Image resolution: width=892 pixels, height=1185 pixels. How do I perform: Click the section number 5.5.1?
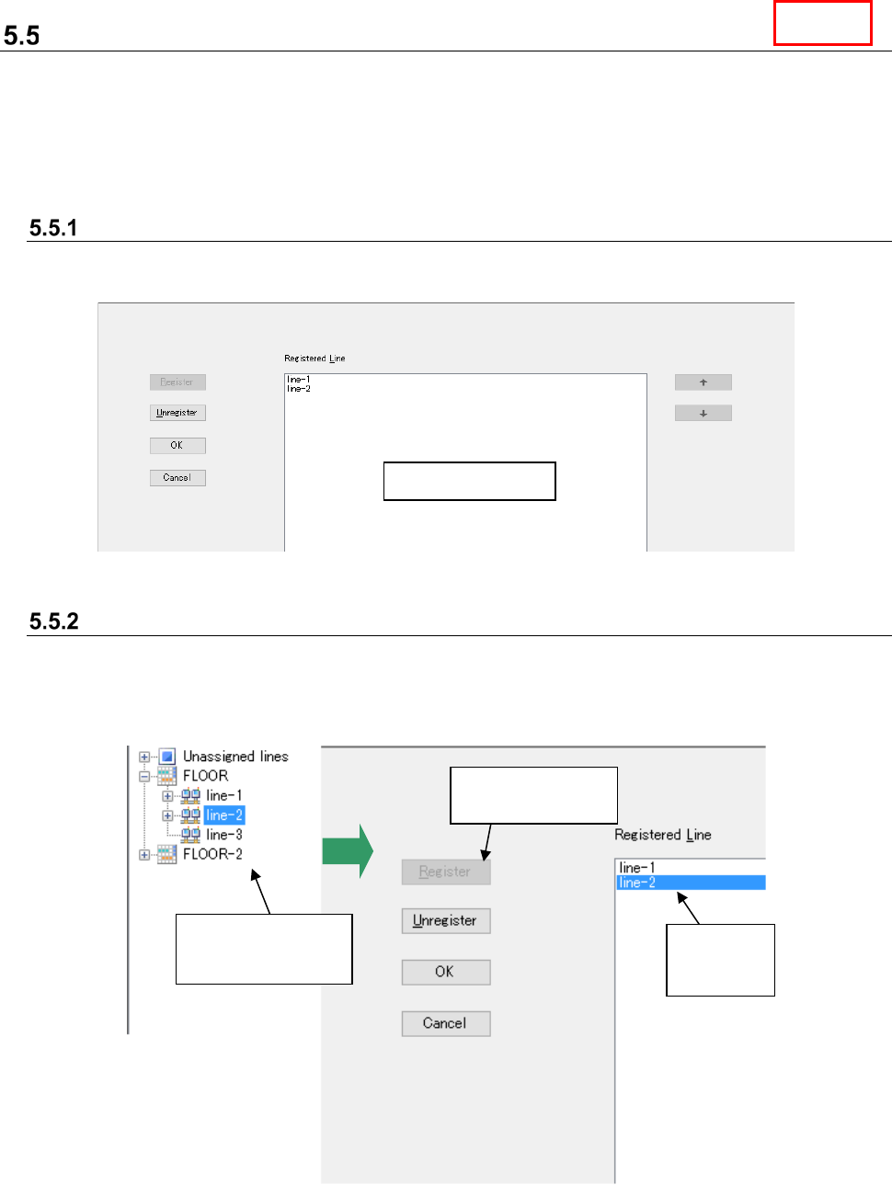(x=53, y=228)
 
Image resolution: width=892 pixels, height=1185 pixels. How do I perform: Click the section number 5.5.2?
(x=54, y=621)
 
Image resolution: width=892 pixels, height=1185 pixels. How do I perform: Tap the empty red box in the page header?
(x=822, y=23)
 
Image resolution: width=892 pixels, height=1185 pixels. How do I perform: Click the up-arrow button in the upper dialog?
(x=703, y=382)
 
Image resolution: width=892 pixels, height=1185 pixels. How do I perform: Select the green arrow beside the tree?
(x=347, y=851)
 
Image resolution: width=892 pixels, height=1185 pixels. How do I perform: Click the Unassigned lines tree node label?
(x=235, y=757)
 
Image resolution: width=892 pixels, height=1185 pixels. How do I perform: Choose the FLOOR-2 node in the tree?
(x=212, y=854)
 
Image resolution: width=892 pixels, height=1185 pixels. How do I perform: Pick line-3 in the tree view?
(x=223, y=835)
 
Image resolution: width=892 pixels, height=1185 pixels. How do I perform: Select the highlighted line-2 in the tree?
(x=224, y=815)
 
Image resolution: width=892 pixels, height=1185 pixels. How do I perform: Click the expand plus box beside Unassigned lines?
(x=144, y=758)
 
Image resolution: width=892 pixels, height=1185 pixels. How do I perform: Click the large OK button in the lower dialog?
(x=445, y=972)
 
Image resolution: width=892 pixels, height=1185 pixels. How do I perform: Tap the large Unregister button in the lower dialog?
(x=445, y=920)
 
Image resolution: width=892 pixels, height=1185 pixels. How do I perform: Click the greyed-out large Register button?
(x=445, y=872)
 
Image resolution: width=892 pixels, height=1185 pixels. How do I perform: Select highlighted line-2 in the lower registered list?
(x=637, y=883)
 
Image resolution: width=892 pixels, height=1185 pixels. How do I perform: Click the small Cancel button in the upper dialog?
(x=177, y=478)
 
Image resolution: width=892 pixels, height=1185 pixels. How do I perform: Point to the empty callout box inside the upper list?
(x=469, y=481)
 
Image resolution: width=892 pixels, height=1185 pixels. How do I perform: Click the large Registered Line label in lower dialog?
(x=662, y=835)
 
